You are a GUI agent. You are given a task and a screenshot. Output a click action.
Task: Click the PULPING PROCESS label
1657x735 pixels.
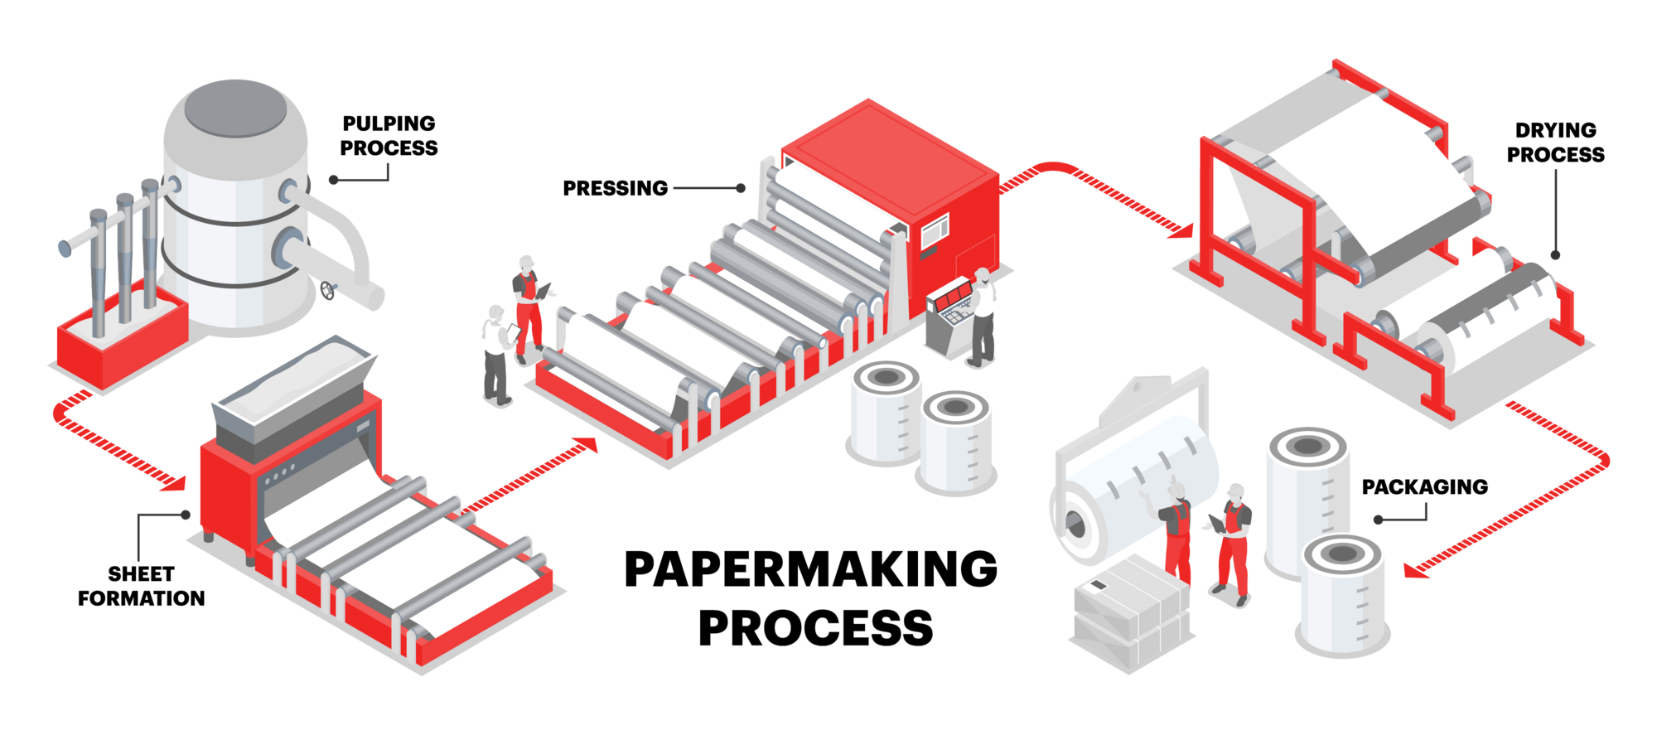point(389,136)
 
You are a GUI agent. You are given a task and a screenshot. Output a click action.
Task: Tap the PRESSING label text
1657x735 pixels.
point(615,189)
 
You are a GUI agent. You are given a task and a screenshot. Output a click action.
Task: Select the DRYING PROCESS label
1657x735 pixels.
point(1555,143)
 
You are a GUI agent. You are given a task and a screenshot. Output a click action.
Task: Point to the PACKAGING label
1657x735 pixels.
point(1424,487)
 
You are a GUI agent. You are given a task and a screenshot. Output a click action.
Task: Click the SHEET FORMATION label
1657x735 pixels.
point(141,586)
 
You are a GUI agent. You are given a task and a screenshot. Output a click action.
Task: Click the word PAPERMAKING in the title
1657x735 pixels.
point(810,569)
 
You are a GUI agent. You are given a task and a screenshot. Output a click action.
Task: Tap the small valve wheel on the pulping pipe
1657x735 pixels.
point(329,290)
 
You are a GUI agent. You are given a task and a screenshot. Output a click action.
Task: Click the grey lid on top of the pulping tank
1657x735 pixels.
point(235,108)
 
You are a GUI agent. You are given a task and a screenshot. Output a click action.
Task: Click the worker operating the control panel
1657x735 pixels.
point(983,317)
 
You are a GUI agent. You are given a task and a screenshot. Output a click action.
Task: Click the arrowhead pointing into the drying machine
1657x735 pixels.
point(1181,230)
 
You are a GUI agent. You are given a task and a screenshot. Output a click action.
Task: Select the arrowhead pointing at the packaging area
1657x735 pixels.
point(1415,570)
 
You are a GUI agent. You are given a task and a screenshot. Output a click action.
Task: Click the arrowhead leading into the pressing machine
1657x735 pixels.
point(586,445)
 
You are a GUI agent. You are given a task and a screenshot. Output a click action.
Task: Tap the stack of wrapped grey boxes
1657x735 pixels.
point(1132,613)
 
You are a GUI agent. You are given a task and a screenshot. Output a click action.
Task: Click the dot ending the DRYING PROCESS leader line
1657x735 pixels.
point(1555,255)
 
